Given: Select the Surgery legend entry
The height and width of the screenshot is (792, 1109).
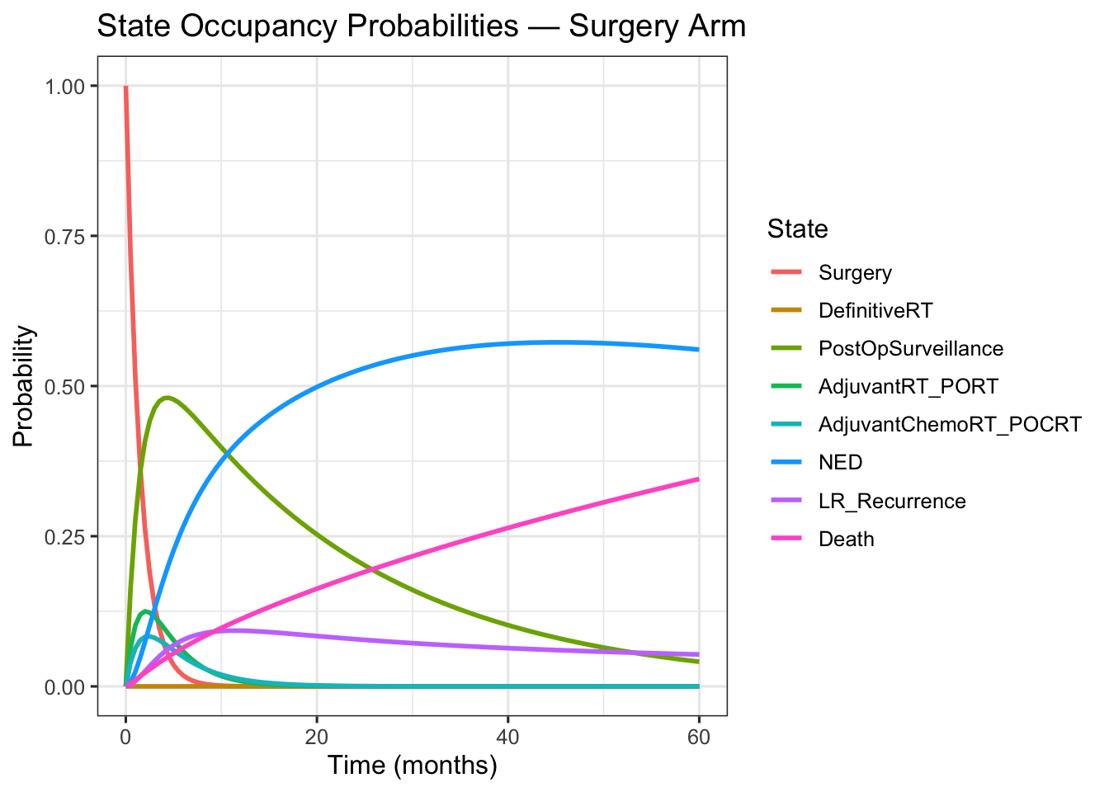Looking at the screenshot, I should click(855, 273).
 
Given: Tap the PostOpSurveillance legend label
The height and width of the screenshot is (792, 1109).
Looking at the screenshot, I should click(911, 349).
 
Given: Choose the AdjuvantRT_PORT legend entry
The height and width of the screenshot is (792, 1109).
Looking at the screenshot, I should click(908, 387).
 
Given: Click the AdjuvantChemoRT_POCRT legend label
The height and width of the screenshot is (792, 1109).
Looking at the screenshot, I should click(950, 425).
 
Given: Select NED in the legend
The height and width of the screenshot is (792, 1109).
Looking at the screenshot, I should click(840, 463).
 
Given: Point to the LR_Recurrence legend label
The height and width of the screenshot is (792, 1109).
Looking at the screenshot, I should click(892, 502).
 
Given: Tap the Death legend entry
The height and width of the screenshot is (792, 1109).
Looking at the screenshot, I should click(846, 540).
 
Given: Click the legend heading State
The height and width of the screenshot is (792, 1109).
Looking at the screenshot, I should click(797, 229).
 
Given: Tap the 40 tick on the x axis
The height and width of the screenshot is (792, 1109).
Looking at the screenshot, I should click(507, 737).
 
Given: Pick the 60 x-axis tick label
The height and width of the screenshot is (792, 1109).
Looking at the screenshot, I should click(699, 737).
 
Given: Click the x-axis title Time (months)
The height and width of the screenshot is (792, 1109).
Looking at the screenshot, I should click(413, 766).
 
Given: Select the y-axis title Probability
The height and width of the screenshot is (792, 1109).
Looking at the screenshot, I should click(24, 386).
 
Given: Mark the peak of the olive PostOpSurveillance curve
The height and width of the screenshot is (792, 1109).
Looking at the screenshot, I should click(168, 398).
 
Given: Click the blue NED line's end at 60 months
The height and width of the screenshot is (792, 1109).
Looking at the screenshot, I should click(699, 349).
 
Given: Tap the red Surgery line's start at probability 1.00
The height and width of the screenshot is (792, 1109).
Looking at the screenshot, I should click(125, 87).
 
